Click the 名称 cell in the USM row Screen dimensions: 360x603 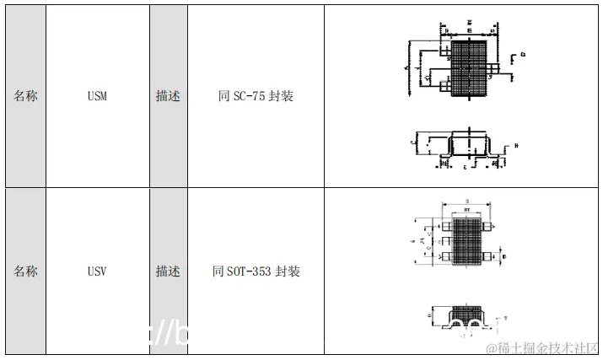[25, 96]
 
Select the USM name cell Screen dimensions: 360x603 [97, 96]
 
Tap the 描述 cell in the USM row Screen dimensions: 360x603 [168, 96]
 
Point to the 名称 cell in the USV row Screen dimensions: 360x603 [25, 271]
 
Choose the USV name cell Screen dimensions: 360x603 [97, 271]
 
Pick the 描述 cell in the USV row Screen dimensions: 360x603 [168, 271]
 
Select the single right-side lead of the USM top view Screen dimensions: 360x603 [507, 63]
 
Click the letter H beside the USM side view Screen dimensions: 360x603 [515, 145]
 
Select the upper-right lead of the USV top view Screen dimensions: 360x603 [488, 226]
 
